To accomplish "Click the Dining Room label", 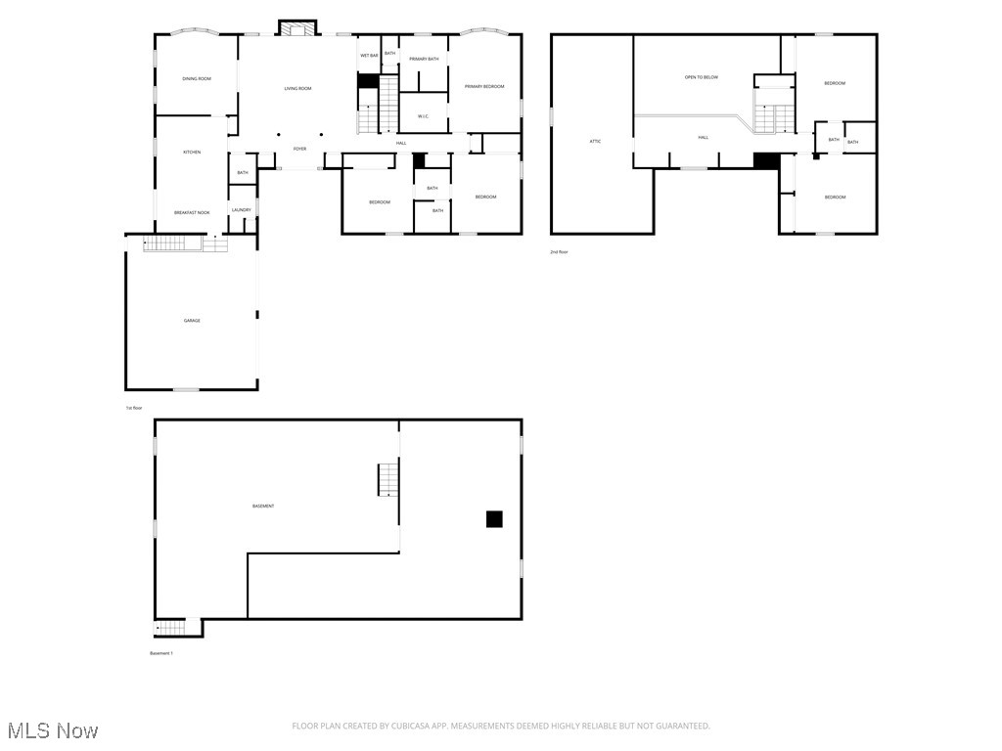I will pos(197,78).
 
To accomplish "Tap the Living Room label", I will pos(297,89).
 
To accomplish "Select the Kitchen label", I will pos(192,152).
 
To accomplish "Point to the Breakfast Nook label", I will pos(192,212).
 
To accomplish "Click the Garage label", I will pos(192,321).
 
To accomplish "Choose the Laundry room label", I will pos(242,210).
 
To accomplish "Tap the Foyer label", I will pos(299,149).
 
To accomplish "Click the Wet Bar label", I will pos(369,56).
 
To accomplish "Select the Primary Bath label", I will pos(424,60).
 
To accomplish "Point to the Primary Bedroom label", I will pos(484,87).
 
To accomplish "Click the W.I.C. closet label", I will pos(424,116).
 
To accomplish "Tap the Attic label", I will pos(595,142).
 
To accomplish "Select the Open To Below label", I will pos(702,77).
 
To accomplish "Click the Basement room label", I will pos(263,506).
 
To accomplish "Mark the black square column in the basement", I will pos(494,519).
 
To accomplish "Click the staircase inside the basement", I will pos(388,479).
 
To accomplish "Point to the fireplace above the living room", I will pos(297,27).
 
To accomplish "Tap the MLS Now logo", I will pos(53,730).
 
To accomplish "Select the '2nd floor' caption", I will pos(559,252).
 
